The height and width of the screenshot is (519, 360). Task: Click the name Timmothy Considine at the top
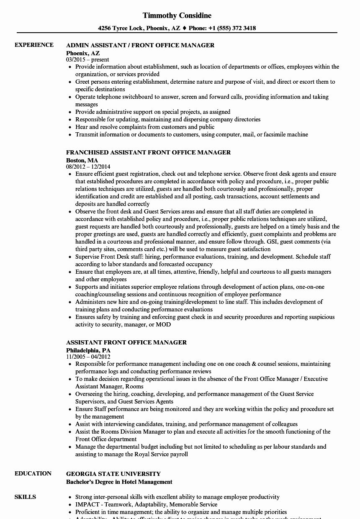[x=177, y=15]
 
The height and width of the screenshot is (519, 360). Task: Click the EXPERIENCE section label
[x=34, y=45]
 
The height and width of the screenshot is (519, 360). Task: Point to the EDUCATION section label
[x=33, y=473]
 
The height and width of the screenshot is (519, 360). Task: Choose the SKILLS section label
[x=25, y=497]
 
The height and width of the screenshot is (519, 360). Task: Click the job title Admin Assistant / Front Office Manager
[x=140, y=45]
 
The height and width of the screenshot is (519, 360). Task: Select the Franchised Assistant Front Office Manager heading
[x=148, y=152]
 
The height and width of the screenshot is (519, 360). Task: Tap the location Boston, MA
[x=82, y=160]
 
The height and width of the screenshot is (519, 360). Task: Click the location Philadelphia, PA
[x=88, y=350]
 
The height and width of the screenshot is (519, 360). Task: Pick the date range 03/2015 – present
[x=87, y=59]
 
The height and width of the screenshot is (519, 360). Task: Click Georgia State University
[x=113, y=474]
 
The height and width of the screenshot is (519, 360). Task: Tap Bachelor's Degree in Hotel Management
[x=119, y=482]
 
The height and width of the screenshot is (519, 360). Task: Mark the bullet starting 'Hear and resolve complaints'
[x=144, y=127]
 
